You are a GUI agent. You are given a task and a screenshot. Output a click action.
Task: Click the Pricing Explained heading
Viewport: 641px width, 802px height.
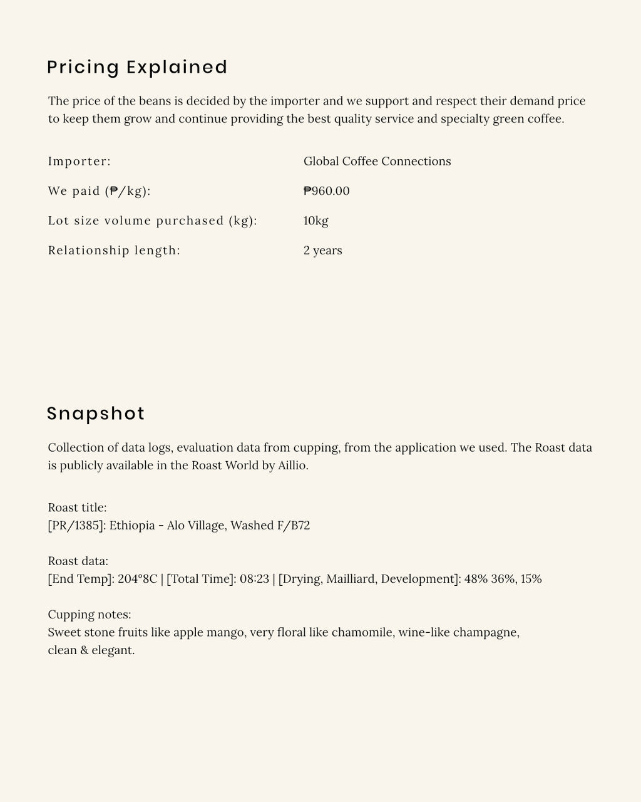[137, 67]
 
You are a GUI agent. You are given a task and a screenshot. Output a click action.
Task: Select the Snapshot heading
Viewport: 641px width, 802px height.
[96, 414]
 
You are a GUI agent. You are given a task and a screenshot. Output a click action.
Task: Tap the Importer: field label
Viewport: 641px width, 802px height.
[79, 162]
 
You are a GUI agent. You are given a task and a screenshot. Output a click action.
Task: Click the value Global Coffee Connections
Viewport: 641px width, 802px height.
[377, 162]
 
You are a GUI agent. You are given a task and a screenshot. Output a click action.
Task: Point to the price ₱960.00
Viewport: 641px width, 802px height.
[326, 191]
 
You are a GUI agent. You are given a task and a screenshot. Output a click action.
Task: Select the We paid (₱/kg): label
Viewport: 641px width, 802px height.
[99, 191]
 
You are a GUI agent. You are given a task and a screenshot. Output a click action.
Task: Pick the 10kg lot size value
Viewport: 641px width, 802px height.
[315, 221]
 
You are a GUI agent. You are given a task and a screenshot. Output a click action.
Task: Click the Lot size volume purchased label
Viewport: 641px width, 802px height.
[152, 221]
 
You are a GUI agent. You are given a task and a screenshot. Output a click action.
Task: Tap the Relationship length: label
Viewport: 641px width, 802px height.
[114, 251]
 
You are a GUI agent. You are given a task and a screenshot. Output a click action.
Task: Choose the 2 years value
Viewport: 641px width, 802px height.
[322, 251]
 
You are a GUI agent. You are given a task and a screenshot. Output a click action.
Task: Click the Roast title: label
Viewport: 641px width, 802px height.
[77, 508]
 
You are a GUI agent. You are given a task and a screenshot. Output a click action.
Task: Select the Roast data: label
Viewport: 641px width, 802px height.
[78, 561]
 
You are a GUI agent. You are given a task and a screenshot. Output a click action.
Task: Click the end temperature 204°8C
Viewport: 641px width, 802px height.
[137, 579]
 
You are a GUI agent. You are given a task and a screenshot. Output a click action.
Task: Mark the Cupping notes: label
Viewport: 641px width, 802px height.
[89, 615]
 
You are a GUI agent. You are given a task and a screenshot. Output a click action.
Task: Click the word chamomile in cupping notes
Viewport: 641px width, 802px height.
[363, 632]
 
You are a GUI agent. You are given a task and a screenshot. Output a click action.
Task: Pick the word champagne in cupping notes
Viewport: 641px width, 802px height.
[486, 632]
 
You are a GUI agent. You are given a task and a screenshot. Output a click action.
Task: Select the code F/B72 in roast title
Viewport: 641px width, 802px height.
[294, 526]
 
